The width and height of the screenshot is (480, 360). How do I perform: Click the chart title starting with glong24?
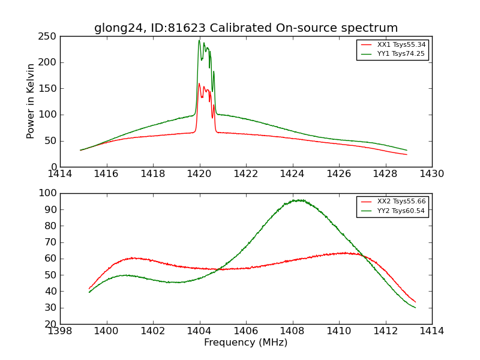[x=246, y=28]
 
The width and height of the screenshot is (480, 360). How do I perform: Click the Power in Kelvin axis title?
[x=31, y=101]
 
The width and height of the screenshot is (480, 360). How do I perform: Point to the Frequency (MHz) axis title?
[x=246, y=343]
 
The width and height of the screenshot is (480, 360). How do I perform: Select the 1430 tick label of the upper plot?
[x=432, y=173]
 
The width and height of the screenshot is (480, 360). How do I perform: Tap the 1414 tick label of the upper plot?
[x=60, y=173]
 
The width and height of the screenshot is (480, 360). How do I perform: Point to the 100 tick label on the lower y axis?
[x=49, y=193]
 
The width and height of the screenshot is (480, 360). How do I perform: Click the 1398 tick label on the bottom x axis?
[x=60, y=331]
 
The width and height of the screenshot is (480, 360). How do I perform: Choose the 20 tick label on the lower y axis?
[x=51, y=324]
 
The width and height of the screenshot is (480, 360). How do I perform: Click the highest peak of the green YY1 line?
[x=199, y=40]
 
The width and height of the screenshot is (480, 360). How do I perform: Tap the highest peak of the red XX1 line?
[x=199, y=84]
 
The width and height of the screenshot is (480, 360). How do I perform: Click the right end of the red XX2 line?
[x=415, y=302]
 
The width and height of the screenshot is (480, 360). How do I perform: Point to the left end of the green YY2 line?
[x=89, y=292]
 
